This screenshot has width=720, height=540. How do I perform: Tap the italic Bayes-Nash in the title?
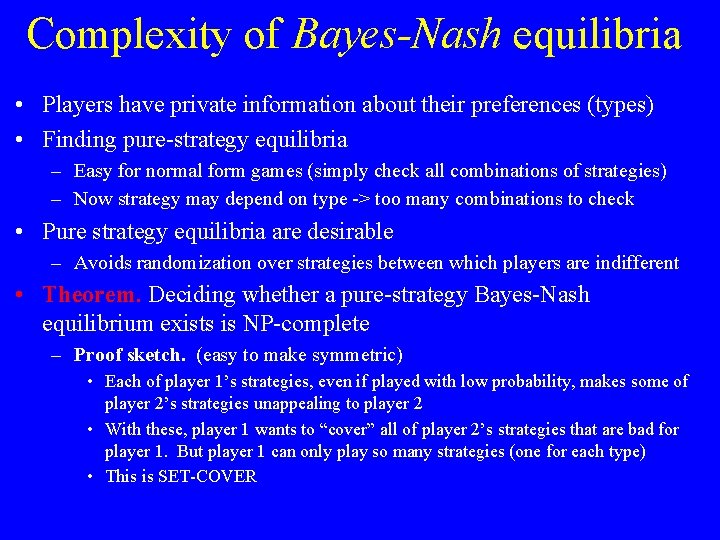397,35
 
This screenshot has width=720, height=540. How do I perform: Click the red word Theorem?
93,295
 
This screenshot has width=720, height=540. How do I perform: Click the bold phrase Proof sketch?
130,355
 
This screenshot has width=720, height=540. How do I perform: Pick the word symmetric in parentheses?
356,355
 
